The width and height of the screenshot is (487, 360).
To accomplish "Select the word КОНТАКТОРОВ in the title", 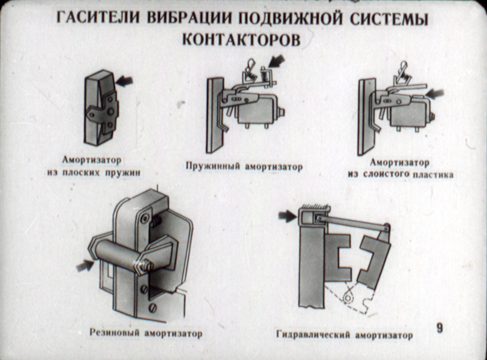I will click(x=241, y=39).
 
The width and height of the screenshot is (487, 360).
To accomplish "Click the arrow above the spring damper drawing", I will click(x=277, y=61).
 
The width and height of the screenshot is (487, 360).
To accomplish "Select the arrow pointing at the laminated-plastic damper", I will click(x=435, y=93).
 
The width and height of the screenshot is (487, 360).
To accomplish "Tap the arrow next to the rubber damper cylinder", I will click(x=84, y=265).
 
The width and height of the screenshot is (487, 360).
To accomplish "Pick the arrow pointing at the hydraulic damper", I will click(x=287, y=216).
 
